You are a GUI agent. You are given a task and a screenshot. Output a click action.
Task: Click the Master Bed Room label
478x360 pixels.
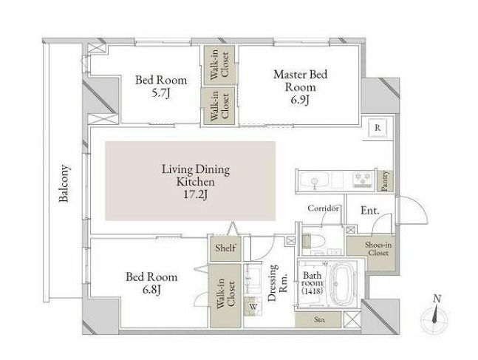[300, 81]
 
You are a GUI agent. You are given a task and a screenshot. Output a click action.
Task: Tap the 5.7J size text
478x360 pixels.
[160, 93]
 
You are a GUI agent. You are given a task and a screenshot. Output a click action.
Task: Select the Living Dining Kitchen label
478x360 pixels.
[195, 175]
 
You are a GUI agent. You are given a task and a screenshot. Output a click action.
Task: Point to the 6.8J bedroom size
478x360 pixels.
[151, 290]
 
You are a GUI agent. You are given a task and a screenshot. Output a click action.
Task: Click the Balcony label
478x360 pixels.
[64, 183]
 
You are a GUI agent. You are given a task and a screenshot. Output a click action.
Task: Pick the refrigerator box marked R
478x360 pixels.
[378, 128]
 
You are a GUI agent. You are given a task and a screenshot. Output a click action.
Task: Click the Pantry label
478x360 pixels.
[385, 180]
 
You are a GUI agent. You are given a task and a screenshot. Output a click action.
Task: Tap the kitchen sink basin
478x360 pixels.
[314, 181]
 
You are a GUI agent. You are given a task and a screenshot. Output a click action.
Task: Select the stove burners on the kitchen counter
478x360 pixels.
[363, 180]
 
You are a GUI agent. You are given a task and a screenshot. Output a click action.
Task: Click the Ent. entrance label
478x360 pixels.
[370, 211]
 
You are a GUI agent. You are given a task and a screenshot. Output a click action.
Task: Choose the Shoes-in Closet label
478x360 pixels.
[378, 248]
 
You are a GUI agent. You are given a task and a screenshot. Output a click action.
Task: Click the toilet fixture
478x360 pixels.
[314, 240]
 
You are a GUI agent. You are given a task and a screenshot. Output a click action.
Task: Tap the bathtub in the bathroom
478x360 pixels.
[344, 284]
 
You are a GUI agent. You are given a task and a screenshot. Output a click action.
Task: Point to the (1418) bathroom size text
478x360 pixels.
[312, 291]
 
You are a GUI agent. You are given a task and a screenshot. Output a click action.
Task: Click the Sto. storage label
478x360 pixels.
[320, 320]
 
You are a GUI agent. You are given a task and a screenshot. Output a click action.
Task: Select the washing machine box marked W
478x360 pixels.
[253, 307]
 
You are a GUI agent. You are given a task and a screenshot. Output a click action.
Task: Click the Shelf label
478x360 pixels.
[225, 248]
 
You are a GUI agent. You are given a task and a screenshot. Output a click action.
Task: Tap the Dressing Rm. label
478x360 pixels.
[277, 283]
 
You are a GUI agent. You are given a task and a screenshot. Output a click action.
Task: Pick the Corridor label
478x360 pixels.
[323, 208]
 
